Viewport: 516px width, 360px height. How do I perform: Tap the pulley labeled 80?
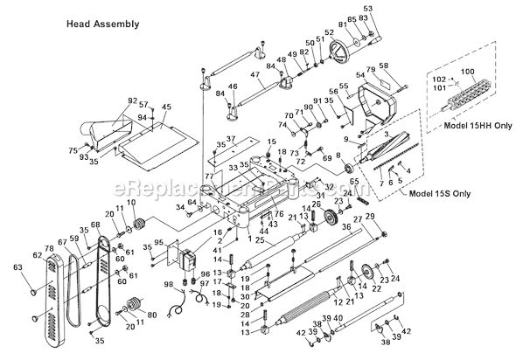[135, 306]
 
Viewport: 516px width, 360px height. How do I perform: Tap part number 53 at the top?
[366, 8]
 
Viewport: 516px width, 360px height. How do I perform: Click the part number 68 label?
[94, 225]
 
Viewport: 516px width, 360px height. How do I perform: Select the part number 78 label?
[49, 249]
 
